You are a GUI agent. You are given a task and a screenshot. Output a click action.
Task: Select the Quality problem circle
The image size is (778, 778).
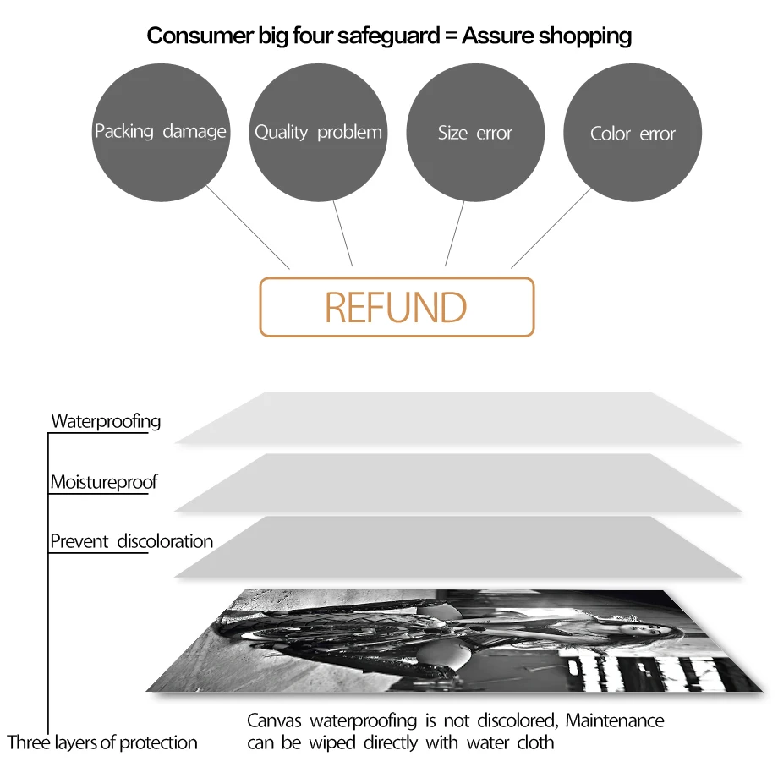pos(318,132)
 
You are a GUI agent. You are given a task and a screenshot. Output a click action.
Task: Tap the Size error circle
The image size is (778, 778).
pos(475,133)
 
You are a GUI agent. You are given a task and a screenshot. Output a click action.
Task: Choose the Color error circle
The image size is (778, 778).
pos(633,134)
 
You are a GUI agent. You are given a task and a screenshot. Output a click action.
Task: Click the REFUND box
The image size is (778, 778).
pos(397,307)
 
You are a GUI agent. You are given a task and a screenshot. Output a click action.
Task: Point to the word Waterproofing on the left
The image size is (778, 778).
pos(106,421)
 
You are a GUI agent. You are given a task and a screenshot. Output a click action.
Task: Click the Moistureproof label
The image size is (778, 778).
pos(104,482)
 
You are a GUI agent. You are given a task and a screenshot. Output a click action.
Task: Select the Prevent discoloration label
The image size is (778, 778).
pos(131,541)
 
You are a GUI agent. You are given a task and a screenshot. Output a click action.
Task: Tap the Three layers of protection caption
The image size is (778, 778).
pos(102,742)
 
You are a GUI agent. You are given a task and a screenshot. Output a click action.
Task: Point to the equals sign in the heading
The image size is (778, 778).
pos(449,36)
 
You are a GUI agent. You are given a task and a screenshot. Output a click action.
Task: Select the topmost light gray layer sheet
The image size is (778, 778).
pos(457,418)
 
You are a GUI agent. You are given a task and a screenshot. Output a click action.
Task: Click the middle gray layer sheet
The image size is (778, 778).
pos(457,482)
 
